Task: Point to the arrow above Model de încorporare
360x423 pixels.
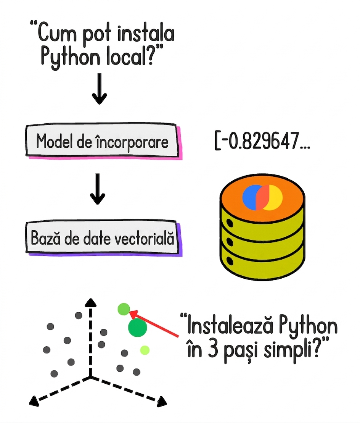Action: (x=100, y=89)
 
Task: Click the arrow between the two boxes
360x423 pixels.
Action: (x=97, y=189)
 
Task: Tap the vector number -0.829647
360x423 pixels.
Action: (x=264, y=140)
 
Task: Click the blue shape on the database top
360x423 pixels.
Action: (x=252, y=198)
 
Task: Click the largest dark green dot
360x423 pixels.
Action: (x=137, y=328)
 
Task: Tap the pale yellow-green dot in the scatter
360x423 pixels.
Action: (x=145, y=350)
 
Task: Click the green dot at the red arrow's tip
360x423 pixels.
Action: (x=124, y=309)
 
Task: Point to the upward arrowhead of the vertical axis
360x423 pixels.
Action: (x=90, y=302)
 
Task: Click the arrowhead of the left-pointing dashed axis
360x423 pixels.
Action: (x=34, y=400)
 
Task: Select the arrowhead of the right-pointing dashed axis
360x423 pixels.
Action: (x=162, y=402)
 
